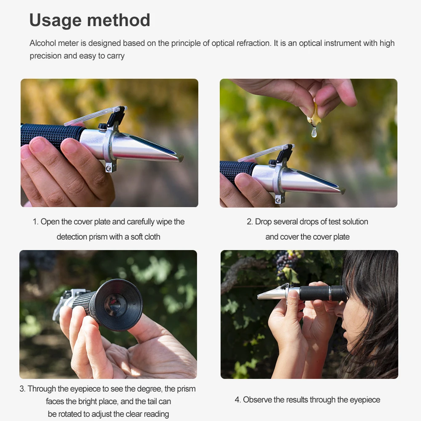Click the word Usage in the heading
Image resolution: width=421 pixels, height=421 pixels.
[x=55, y=20]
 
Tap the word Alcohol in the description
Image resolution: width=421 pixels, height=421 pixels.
[x=43, y=43]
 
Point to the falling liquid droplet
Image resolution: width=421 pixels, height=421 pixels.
[x=314, y=132]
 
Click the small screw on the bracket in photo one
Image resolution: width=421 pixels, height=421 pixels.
[x=109, y=168]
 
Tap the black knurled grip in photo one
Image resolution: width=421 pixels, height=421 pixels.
[x=51, y=135]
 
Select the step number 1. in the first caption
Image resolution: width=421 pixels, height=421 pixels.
[x=35, y=222]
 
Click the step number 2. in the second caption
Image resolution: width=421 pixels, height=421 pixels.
[x=250, y=222]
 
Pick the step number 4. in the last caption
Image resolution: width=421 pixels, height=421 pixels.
[x=237, y=400]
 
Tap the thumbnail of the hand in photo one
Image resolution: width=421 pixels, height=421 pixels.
[x=37, y=144]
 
